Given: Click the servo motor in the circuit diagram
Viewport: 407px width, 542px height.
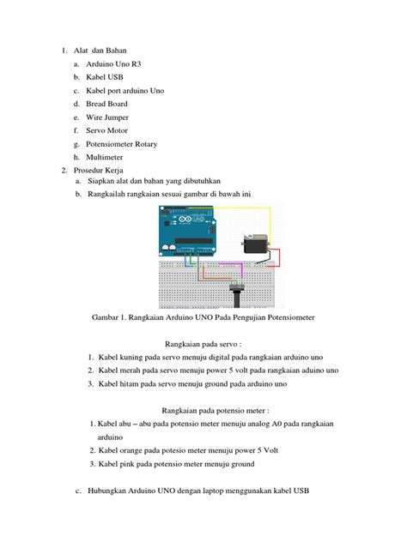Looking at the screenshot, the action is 255,244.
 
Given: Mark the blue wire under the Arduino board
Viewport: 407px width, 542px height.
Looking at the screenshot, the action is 187,262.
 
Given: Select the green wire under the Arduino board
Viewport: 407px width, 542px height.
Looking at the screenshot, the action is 191,260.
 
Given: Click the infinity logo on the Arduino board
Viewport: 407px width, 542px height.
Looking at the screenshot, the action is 185,220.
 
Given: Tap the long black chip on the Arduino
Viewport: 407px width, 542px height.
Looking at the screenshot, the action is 193,241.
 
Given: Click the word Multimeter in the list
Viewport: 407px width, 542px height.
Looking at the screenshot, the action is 105,157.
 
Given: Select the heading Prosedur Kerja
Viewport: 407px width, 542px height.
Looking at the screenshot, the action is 98,171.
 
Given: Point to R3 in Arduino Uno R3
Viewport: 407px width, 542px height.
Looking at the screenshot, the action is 136,64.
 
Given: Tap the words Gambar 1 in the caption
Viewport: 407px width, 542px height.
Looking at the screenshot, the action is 108,317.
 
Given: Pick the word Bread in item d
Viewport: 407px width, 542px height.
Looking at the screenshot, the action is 95,104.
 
